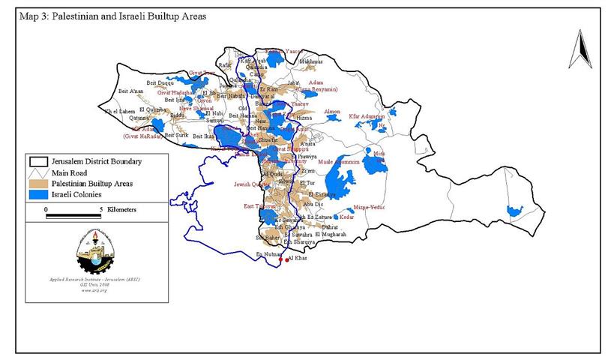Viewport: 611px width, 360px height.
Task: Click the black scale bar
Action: (x=73, y=216)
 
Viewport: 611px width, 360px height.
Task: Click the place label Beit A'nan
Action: (x=131, y=91)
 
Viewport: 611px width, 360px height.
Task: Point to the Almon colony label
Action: (x=331, y=112)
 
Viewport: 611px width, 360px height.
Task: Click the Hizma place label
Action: (x=304, y=118)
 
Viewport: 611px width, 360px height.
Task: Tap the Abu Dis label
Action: (x=313, y=203)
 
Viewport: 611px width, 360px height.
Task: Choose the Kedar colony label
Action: (x=346, y=217)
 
